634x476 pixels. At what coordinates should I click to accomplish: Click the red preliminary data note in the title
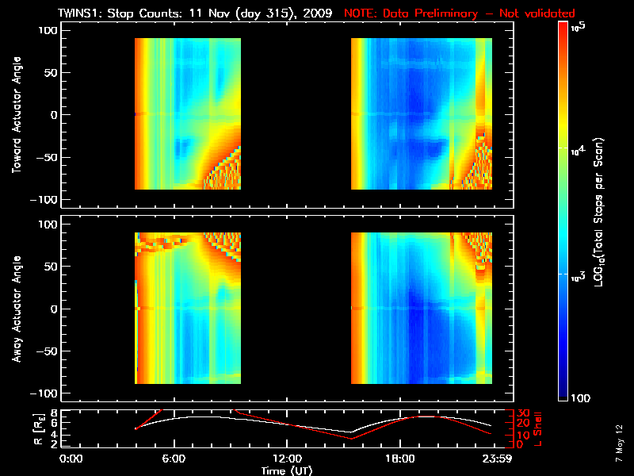[460, 13]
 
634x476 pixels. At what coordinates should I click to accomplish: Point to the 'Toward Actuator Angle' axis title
[13, 114]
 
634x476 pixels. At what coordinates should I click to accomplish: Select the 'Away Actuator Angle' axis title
[13, 309]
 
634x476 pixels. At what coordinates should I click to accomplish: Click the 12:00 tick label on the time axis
[287, 459]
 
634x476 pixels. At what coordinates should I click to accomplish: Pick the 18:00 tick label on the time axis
[400, 459]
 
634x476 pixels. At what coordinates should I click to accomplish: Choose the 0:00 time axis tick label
[71, 459]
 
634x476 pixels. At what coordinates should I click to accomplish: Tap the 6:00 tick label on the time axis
[174, 459]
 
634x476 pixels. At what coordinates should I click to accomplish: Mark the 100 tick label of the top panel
[50, 30]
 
